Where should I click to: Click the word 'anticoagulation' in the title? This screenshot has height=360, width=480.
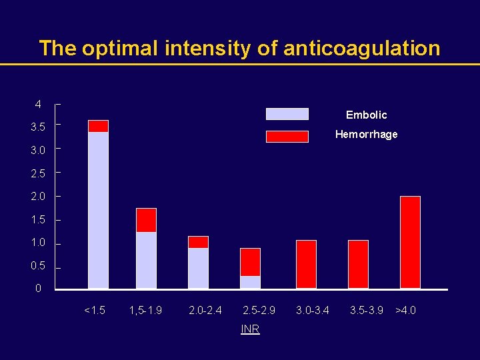[x=361, y=49]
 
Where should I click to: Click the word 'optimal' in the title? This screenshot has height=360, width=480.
[x=127, y=49]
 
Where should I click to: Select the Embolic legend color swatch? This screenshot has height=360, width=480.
[x=287, y=114]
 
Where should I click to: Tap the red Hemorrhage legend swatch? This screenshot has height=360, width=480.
[x=287, y=136]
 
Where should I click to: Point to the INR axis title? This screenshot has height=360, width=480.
[x=250, y=329]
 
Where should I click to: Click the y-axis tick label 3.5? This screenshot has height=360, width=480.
[x=38, y=127]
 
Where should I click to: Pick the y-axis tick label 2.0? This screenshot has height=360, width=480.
[x=38, y=197]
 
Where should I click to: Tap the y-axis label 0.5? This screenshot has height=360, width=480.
[x=38, y=266]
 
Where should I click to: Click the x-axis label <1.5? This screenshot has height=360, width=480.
[x=95, y=310]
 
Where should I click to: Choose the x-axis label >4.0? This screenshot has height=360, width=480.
[x=405, y=310]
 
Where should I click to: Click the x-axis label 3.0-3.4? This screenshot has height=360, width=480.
[x=313, y=310]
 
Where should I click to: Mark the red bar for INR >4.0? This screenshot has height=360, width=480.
[x=410, y=243]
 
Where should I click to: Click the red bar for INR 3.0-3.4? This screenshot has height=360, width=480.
[x=306, y=265]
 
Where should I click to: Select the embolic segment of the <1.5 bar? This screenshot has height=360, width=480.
[x=98, y=210]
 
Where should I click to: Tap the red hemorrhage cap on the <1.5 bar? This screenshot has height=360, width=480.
[x=98, y=126]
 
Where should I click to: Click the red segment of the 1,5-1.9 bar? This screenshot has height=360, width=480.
[x=146, y=220]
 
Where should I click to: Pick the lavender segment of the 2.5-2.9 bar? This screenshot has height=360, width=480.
[x=250, y=282]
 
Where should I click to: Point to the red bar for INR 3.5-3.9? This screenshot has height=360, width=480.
[x=358, y=265]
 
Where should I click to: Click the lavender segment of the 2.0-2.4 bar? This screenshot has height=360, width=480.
[x=198, y=268]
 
